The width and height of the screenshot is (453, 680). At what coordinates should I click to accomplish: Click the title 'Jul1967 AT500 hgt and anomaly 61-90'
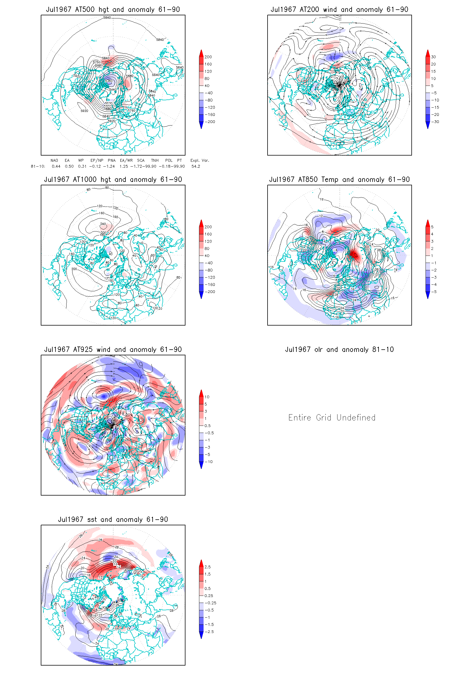tap(113, 10)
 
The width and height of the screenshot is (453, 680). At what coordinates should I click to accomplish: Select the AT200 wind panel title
tap(339, 10)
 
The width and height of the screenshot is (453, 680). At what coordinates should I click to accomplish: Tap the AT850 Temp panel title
tap(339, 180)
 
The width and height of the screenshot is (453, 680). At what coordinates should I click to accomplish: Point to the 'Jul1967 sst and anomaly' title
tap(113, 520)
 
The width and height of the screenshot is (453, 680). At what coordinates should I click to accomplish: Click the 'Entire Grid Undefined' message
tap(332, 417)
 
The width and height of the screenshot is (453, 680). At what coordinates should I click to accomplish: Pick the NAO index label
tap(54, 160)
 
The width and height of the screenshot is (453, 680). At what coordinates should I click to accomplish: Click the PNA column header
tap(112, 160)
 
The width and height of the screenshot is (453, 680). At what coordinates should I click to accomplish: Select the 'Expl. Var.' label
tap(200, 160)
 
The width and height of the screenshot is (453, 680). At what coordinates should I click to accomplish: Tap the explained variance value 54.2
tap(196, 166)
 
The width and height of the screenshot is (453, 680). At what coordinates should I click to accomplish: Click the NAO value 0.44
tap(56, 166)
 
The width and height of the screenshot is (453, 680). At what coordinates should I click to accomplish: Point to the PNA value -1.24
tap(109, 166)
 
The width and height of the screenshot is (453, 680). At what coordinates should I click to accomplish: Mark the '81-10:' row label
tap(38, 166)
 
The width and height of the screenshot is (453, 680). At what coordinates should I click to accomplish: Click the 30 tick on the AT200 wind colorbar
tap(433, 57)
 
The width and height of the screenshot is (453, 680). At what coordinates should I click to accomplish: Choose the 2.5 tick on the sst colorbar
tap(208, 567)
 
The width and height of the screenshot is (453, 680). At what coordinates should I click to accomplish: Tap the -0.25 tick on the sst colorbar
tap(210, 603)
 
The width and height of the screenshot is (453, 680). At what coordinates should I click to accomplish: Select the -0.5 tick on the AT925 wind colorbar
tap(209, 433)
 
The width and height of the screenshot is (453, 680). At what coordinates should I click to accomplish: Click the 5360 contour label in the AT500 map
tap(109, 81)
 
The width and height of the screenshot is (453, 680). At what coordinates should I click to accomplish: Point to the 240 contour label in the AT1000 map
tap(103, 224)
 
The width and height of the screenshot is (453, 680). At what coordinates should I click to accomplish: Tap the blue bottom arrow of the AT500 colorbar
tap(201, 126)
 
